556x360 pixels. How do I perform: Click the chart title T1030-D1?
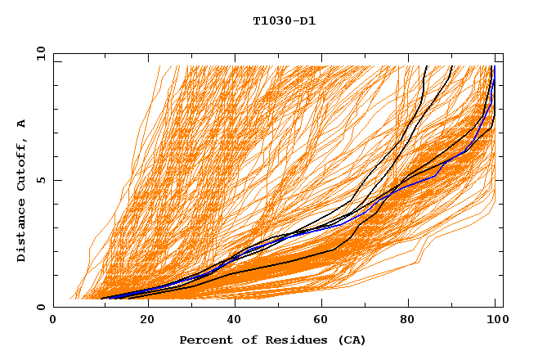coord(285,20)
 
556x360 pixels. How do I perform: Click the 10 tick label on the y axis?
coord(39,53)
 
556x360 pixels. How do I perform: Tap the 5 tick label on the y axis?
coord(43,180)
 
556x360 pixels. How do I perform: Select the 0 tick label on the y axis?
coord(43,307)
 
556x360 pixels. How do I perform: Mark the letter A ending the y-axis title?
coord(22,124)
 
